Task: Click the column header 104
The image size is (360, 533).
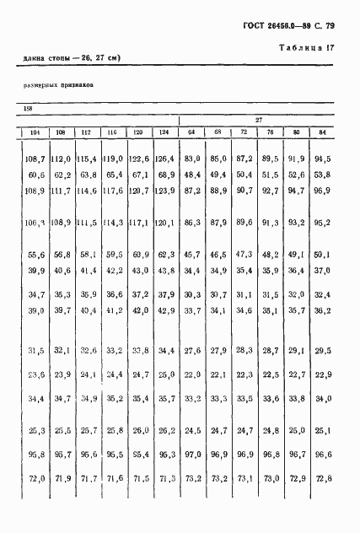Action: (35, 132)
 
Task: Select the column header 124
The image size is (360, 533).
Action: (164, 132)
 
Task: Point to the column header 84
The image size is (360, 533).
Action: (321, 132)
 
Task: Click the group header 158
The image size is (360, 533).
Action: (28, 108)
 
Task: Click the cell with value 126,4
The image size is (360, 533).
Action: (165, 158)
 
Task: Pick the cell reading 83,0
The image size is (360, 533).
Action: (191, 158)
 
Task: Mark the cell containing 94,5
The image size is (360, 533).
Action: (322, 158)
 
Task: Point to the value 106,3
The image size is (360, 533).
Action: (35, 222)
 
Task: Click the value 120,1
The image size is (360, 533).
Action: (165, 222)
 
